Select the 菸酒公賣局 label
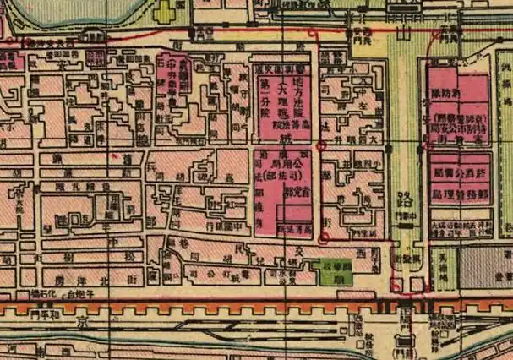pos(460,172)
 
